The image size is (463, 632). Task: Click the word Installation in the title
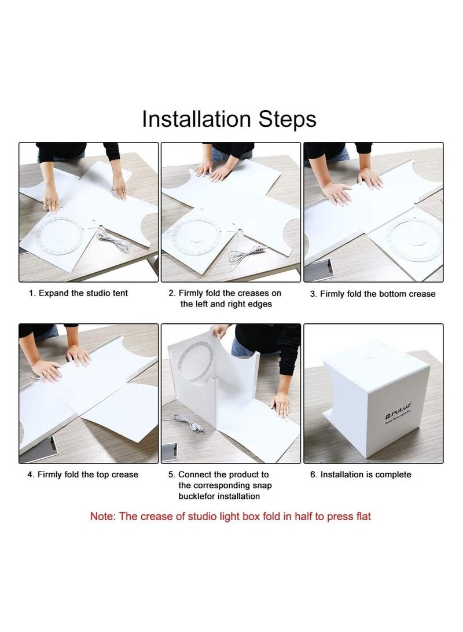click(196, 119)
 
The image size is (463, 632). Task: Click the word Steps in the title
click(287, 120)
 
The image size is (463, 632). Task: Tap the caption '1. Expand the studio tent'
click(78, 294)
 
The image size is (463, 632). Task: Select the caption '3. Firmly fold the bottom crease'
click(372, 294)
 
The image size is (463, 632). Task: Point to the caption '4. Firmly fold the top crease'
click(83, 475)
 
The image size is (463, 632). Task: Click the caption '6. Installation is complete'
click(361, 475)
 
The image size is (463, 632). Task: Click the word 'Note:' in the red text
click(103, 517)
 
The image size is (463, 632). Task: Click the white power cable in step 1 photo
click(113, 240)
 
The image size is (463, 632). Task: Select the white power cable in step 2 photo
click(245, 254)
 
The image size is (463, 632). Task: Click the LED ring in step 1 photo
click(60, 236)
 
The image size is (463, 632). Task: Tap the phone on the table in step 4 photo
click(39, 449)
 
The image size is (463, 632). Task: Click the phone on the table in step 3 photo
click(319, 270)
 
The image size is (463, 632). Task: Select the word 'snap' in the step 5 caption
click(262, 485)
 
